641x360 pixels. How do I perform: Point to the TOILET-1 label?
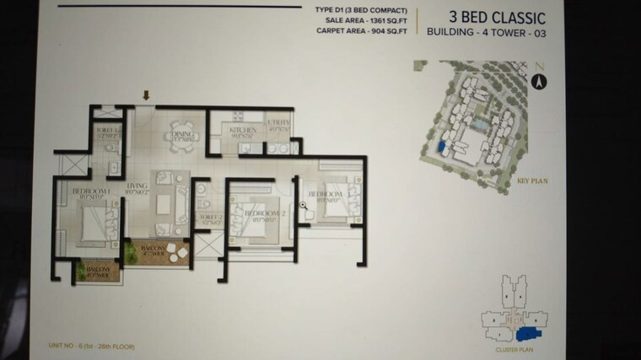[107, 130]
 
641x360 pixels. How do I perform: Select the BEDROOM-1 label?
[88, 191]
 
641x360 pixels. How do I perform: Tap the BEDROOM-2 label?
[261, 214]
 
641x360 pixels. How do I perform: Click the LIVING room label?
[137, 189]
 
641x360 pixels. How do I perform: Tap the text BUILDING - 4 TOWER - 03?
[486, 35]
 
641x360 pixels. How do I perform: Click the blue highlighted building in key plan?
[440, 148]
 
